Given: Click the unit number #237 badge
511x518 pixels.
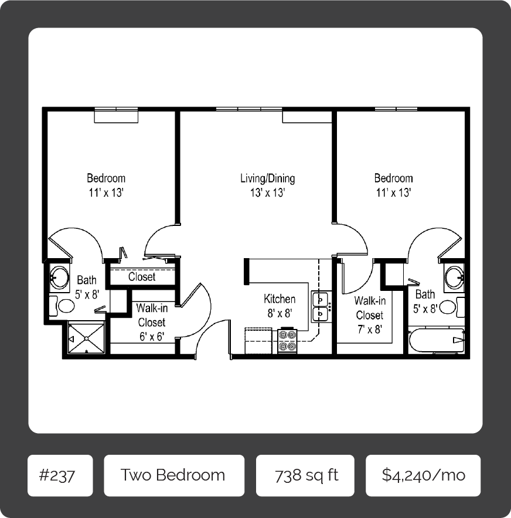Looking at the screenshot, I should (60, 475).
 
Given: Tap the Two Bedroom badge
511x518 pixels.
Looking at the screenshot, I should (173, 475).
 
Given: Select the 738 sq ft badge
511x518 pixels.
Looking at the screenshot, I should (305, 475).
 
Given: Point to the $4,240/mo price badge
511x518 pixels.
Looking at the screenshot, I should (423, 475).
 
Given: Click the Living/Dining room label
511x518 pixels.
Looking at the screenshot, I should (267, 185).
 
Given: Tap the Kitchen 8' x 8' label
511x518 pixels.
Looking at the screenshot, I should (280, 306).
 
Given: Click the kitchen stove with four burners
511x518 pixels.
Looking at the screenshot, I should (287, 341).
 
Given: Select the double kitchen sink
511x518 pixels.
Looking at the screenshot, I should (321, 307).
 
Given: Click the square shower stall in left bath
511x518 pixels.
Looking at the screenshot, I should (86, 338).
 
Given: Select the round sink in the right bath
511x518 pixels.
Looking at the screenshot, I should (454, 277).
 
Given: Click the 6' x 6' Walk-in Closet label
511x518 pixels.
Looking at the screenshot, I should (151, 322).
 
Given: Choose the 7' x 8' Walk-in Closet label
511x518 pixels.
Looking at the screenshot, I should (370, 315).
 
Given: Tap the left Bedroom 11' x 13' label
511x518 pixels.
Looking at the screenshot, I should (106, 185).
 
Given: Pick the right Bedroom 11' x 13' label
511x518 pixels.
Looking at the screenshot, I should (393, 185).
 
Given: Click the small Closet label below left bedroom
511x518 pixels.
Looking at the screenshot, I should (141, 277).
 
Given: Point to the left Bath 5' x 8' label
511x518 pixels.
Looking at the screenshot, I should (86, 288).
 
